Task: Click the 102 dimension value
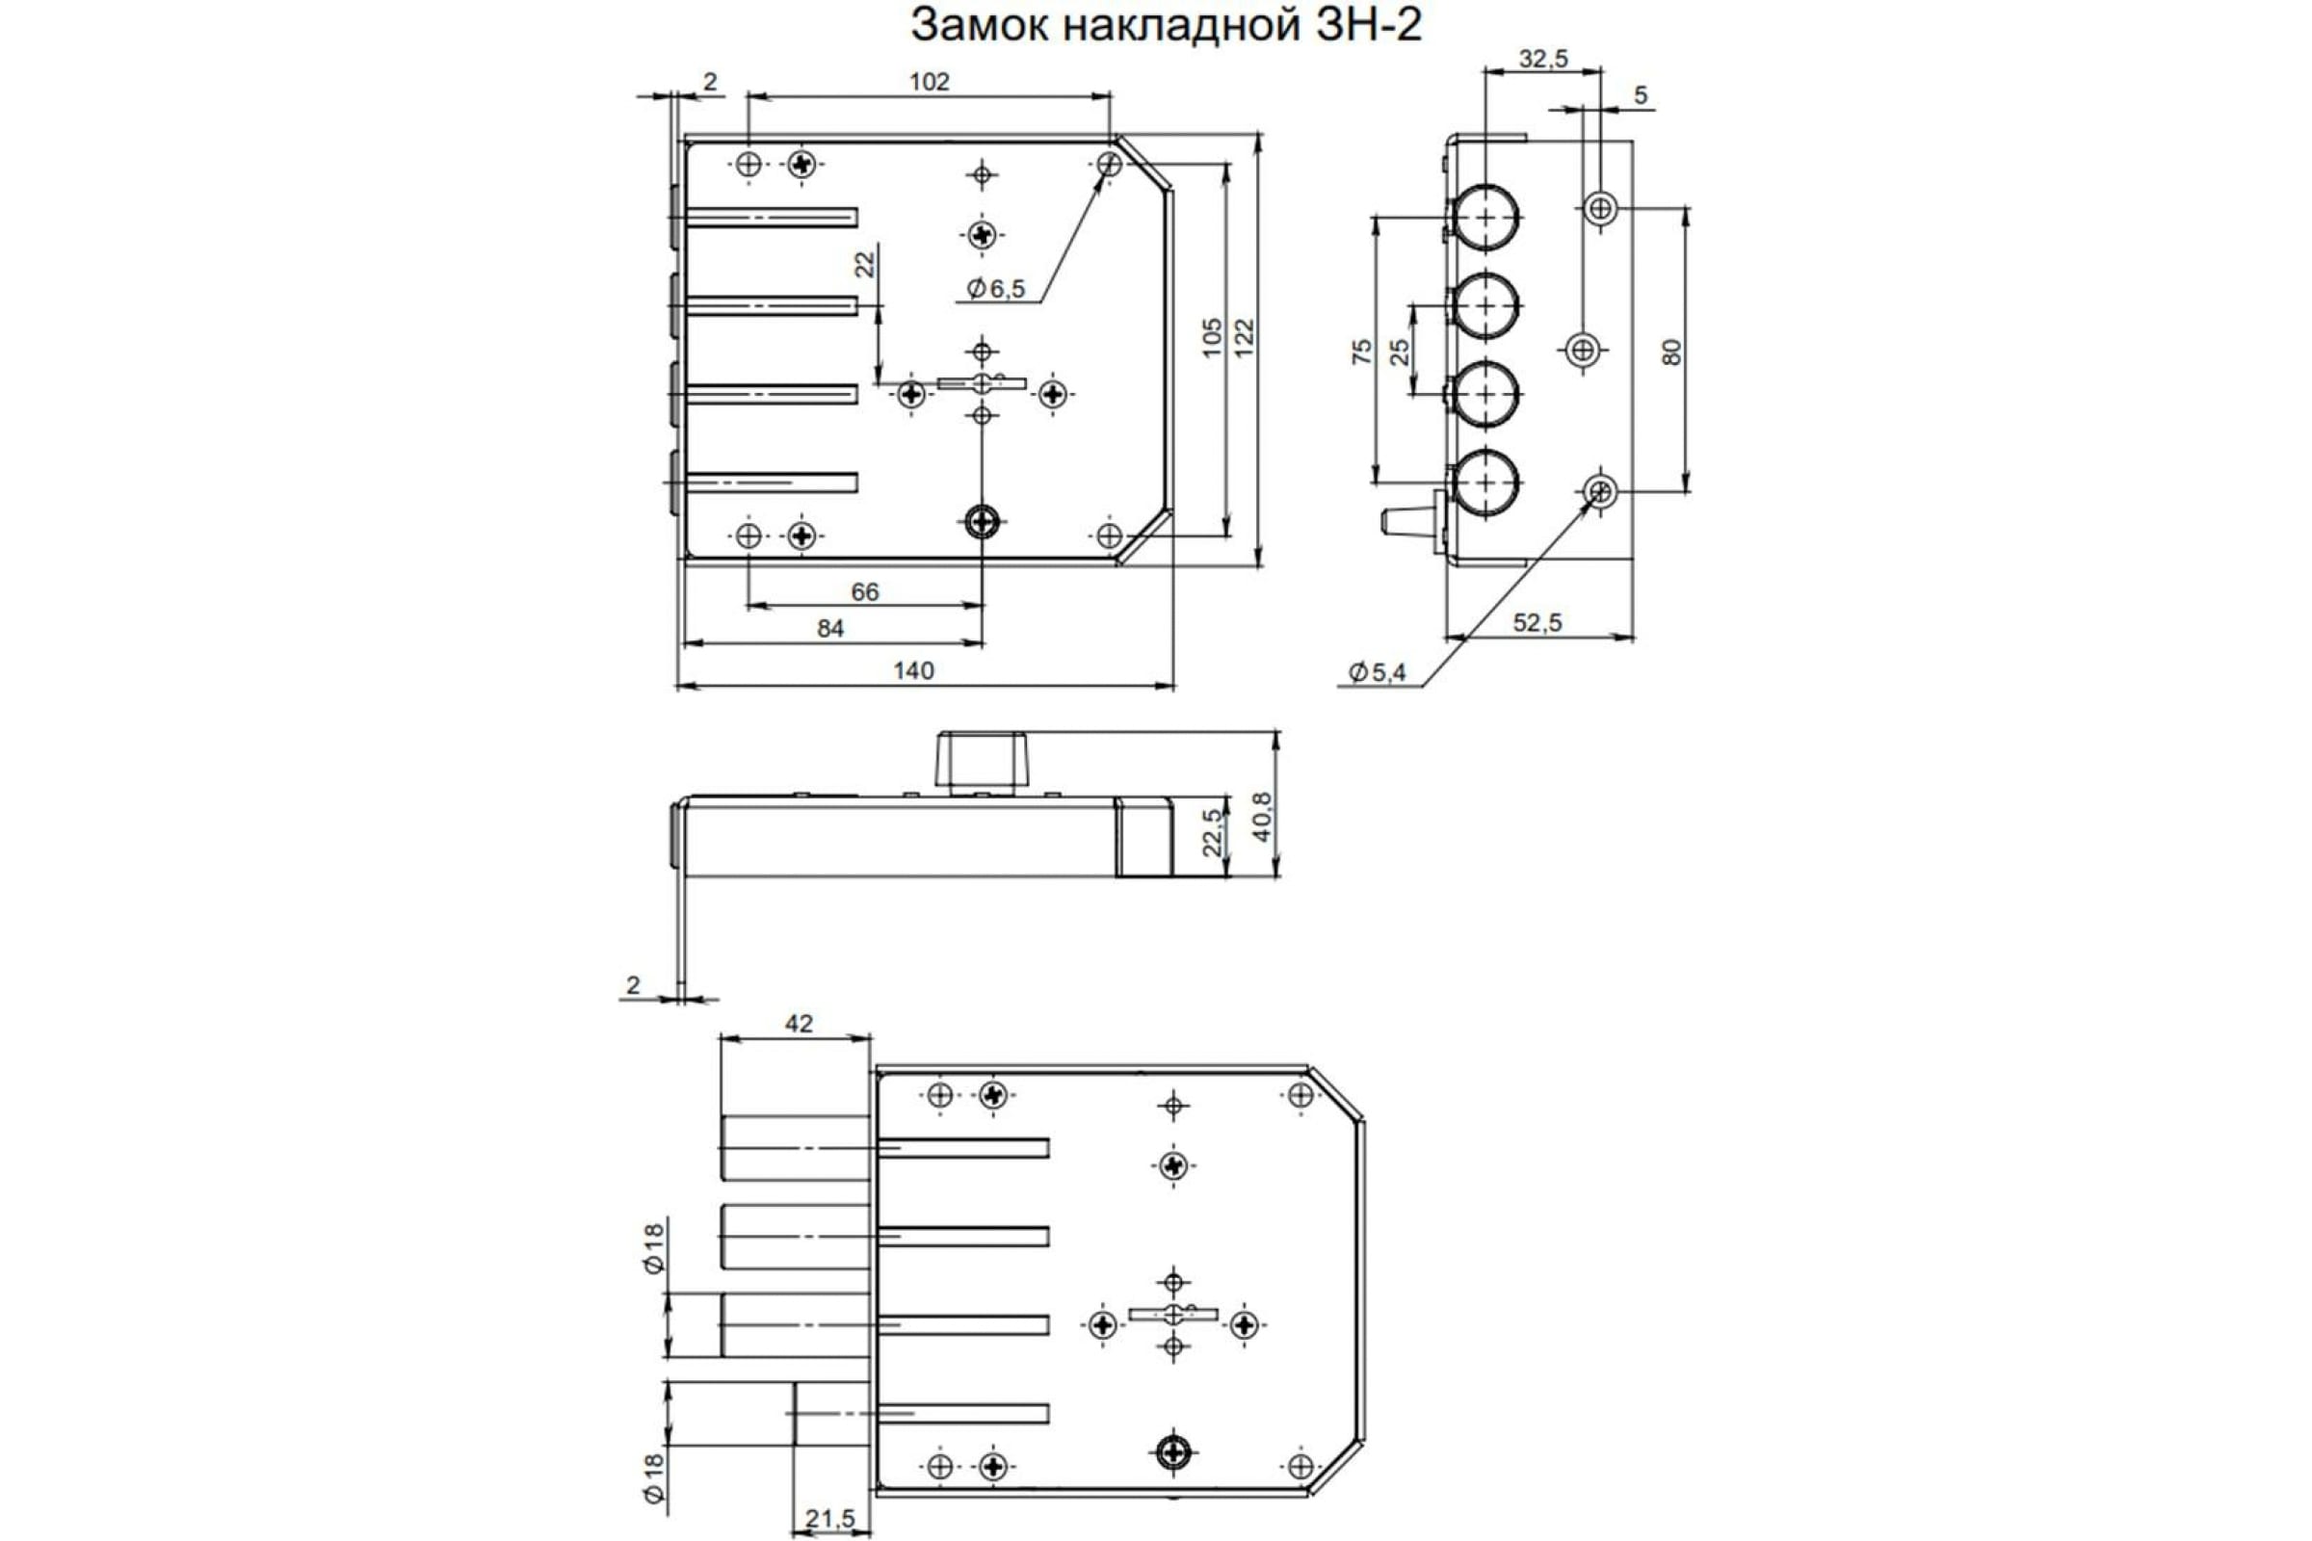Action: click(x=929, y=82)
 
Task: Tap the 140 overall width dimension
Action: click(x=913, y=670)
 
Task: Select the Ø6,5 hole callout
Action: click(x=996, y=288)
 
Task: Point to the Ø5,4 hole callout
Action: click(x=1379, y=672)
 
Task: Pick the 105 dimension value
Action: click(x=1211, y=337)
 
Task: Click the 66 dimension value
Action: click(x=864, y=591)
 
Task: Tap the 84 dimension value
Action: click(x=829, y=628)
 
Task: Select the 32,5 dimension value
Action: click(x=1543, y=59)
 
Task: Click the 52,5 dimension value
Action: click(x=1537, y=622)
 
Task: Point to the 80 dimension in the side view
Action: click(x=1671, y=351)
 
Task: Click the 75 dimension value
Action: click(x=1361, y=351)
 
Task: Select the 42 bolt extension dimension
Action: click(x=799, y=1023)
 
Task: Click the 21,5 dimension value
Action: click(x=829, y=1520)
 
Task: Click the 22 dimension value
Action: click(x=864, y=264)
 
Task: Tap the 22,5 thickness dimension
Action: click(x=1212, y=831)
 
